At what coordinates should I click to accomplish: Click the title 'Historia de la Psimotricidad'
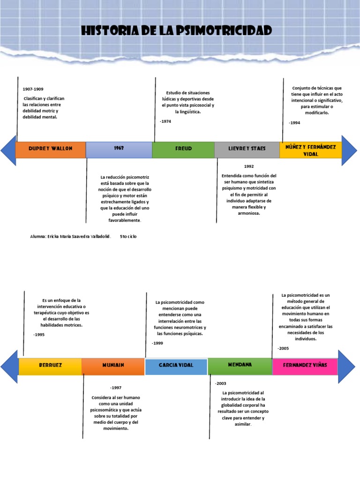[176, 31]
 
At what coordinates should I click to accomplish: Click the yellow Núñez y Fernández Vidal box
[311, 150]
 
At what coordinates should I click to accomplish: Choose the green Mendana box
[240, 366]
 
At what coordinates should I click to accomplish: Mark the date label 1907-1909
[33, 89]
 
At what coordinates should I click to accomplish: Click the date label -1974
[165, 121]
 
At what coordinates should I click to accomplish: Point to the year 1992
[249, 166]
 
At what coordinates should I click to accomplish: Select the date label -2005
[284, 348]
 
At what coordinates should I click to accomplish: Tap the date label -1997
[116, 388]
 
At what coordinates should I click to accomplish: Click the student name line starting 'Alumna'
[70, 237]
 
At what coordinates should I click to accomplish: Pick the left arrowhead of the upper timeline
[8, 150]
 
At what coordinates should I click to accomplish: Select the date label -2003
[220, 383]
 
